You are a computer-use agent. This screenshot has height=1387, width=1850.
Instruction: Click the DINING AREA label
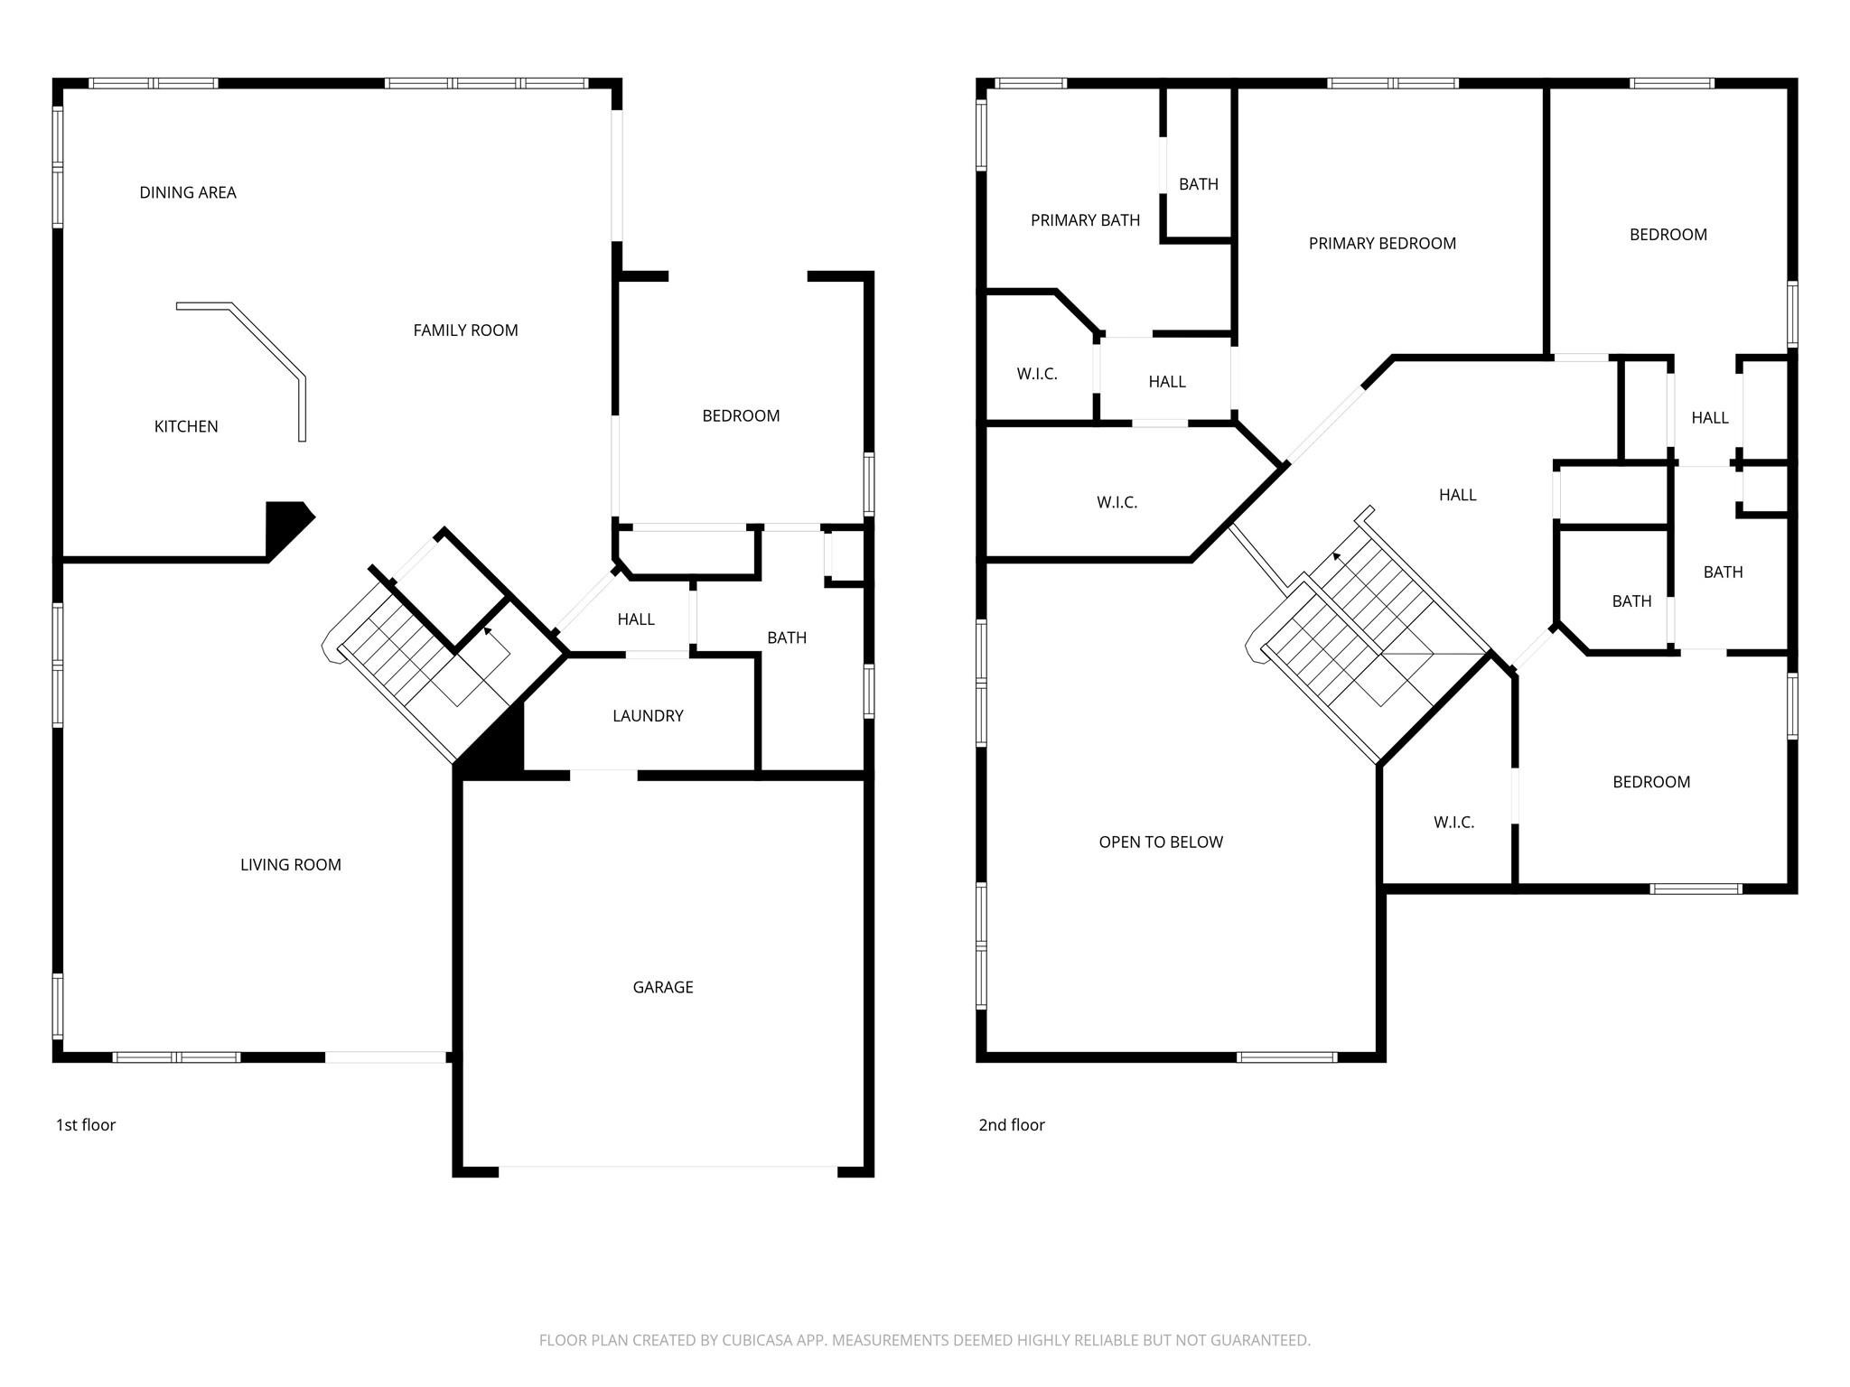(188, 192)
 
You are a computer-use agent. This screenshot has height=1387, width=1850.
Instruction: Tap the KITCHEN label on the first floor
(186, 426)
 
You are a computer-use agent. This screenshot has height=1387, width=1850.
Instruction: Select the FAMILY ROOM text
(465, 330)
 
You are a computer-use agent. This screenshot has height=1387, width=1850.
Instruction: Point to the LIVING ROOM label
(290, 864)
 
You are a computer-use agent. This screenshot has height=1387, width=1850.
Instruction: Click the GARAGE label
(662, 987)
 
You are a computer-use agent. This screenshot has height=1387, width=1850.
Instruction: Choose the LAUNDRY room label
(648, 716)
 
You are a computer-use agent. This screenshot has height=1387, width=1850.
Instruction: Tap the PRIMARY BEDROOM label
(1381, 243)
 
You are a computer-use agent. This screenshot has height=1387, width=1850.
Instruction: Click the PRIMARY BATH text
(1085, 220)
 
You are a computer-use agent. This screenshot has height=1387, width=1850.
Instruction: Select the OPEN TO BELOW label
(1161, 842)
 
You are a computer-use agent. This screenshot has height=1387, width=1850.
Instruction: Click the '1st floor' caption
(86, 1124)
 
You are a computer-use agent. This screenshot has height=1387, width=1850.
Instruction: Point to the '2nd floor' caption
(1011, 1124)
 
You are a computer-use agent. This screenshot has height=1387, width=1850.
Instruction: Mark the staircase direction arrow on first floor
(489, 633)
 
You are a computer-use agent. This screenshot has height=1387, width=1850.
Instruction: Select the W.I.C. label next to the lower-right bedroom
(1453, 822)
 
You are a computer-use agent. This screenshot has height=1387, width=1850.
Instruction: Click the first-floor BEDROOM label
(741, 415)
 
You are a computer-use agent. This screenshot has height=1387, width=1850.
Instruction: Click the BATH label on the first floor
(786, 638)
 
